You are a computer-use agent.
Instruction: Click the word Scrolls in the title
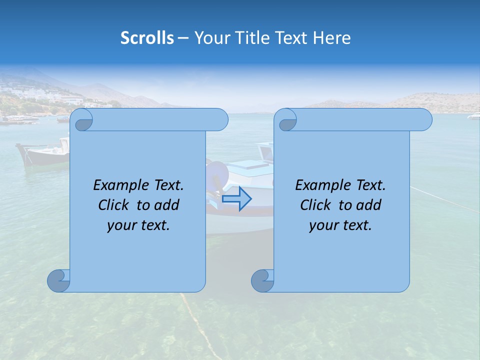point(147,38)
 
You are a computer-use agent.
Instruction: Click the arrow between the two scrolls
point(237,198)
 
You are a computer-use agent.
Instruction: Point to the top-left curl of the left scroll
point(81,120)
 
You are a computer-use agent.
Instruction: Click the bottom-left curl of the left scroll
point(59,280)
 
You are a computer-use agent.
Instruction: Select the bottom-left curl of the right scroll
point(263,280)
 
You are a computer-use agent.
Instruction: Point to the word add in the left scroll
point(167,205)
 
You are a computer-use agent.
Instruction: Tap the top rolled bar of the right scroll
point(360,119)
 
